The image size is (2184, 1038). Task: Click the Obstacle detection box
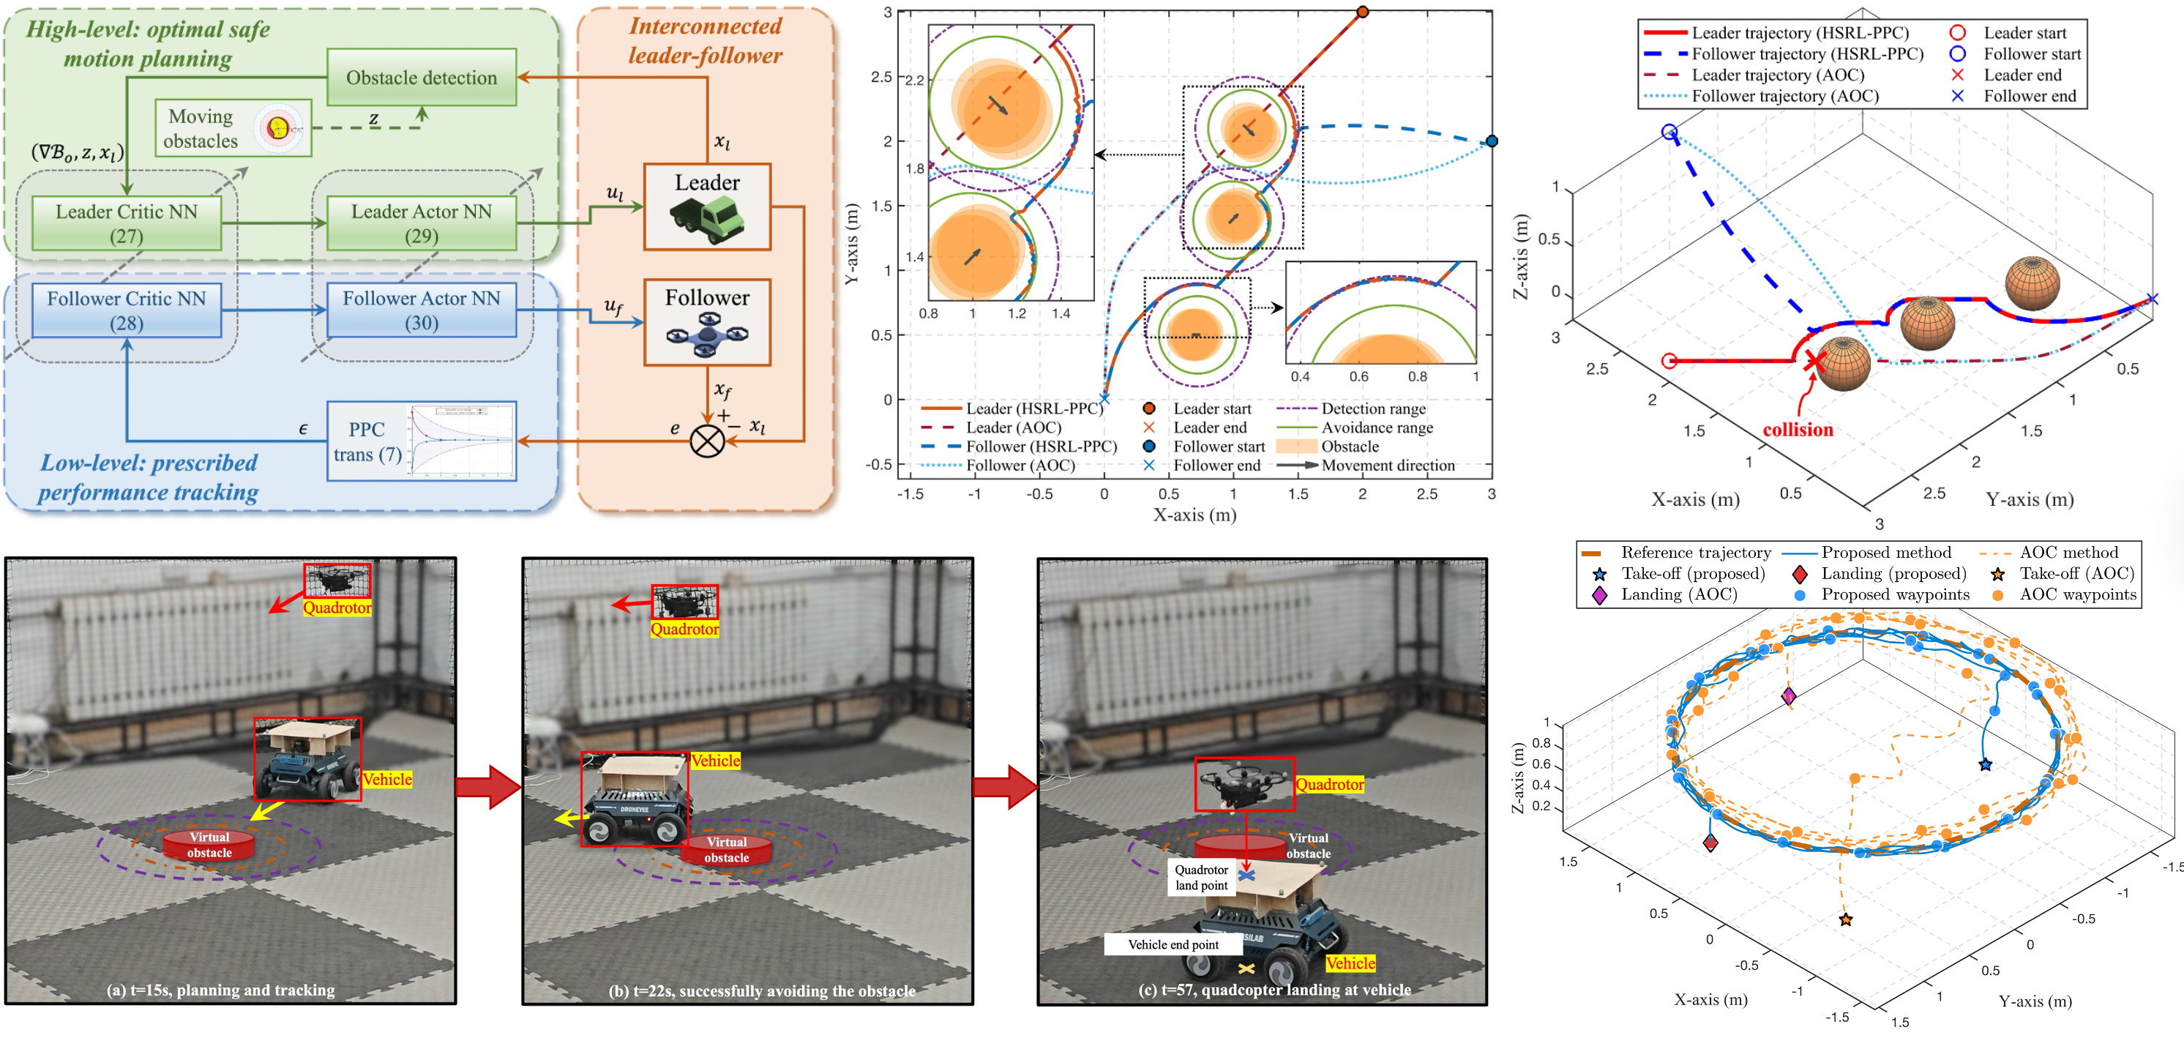[x=422, y=77]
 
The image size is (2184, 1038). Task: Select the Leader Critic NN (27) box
[x=127, y=223]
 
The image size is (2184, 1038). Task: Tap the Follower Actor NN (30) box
[x=422, y=310]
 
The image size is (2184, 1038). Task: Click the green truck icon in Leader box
[x=707, y=219]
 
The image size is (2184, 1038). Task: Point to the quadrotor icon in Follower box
[x=707, y=335]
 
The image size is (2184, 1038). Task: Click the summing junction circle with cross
[x=707, y=441]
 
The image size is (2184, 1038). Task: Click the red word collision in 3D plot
[x=1798, y=430]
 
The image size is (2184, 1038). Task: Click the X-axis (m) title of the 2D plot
[x=1194, y=515]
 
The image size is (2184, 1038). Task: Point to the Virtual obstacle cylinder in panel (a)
[x=209, y=845]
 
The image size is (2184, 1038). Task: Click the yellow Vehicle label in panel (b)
[x=716, y=761]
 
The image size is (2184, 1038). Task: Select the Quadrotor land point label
[x=1200, y=878]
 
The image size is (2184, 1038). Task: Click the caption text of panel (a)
[x=220, y=990]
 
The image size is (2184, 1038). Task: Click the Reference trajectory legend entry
[x=1695, y=553]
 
